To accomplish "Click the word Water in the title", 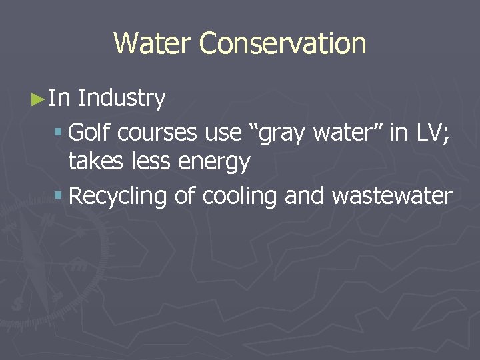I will [153, 44].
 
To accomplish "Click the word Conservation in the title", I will [283, 44].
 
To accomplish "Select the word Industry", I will [122, 99].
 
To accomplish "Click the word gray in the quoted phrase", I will [280, 134].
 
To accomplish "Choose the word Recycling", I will [118, 197].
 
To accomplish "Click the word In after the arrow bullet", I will [60, 99].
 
